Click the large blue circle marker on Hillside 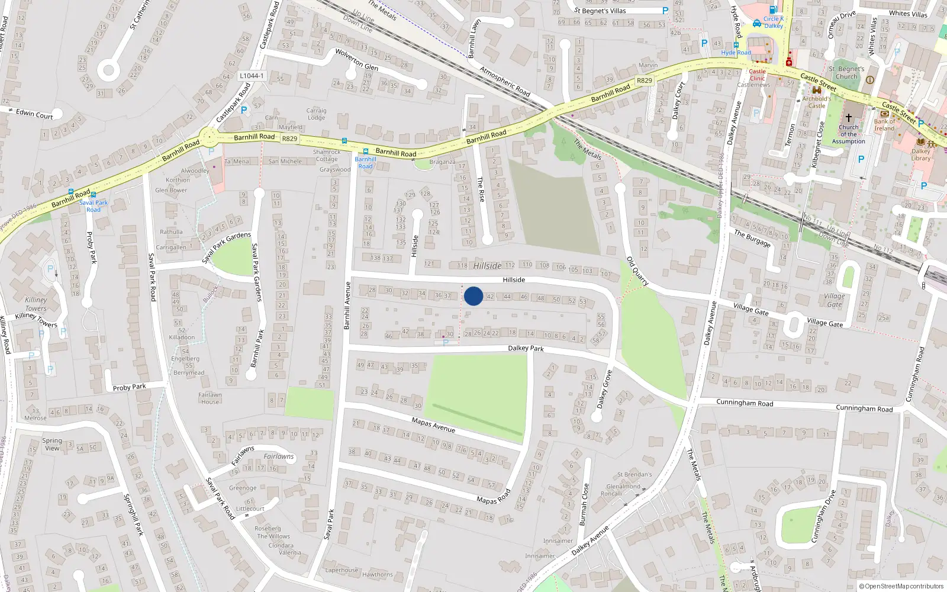coord(474,296)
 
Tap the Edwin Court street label coord(34,114)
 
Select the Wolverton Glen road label coord(357,60)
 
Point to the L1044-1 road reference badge coord(252,76)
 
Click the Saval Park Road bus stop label coord(94,206)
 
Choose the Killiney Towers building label coord(36,304)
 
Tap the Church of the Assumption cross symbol coord(848,118)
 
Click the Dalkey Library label coord(920,155)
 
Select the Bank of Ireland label coord(884,125)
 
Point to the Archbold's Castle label coord(816,102)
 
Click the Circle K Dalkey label coord(773,22)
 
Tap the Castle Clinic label coord(757,75)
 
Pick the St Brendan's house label coord(634,474)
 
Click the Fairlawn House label coord(210,398)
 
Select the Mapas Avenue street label coord(433,424)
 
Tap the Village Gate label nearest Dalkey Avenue coord(750,309)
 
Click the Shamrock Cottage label coord(327,156)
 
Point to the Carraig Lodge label coord(316,114)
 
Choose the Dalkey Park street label coord(526,348)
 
